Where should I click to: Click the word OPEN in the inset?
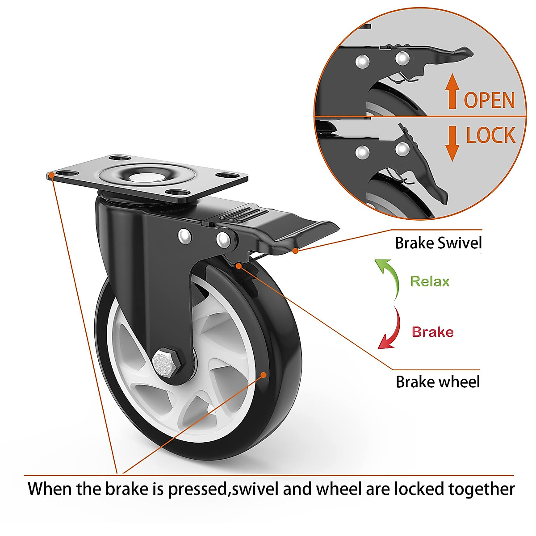tap(490, 100)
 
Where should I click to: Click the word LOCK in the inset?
tap(490, 135)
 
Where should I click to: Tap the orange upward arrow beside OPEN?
tap(452, 92)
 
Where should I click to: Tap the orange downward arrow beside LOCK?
tap(452, 143)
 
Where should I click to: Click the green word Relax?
tap(430, 281)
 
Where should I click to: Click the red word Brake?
tap(432, 332)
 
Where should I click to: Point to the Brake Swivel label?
tap(439, 243)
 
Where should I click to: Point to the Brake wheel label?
tap(438, 382)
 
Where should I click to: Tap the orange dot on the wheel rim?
tap(264, 375)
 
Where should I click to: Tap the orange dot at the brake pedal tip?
tap(295, 251)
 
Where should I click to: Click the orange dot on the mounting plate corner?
tap(51, 175)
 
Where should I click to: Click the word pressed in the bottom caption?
tap(197, 489)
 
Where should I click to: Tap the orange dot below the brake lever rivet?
tap(239, 266)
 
